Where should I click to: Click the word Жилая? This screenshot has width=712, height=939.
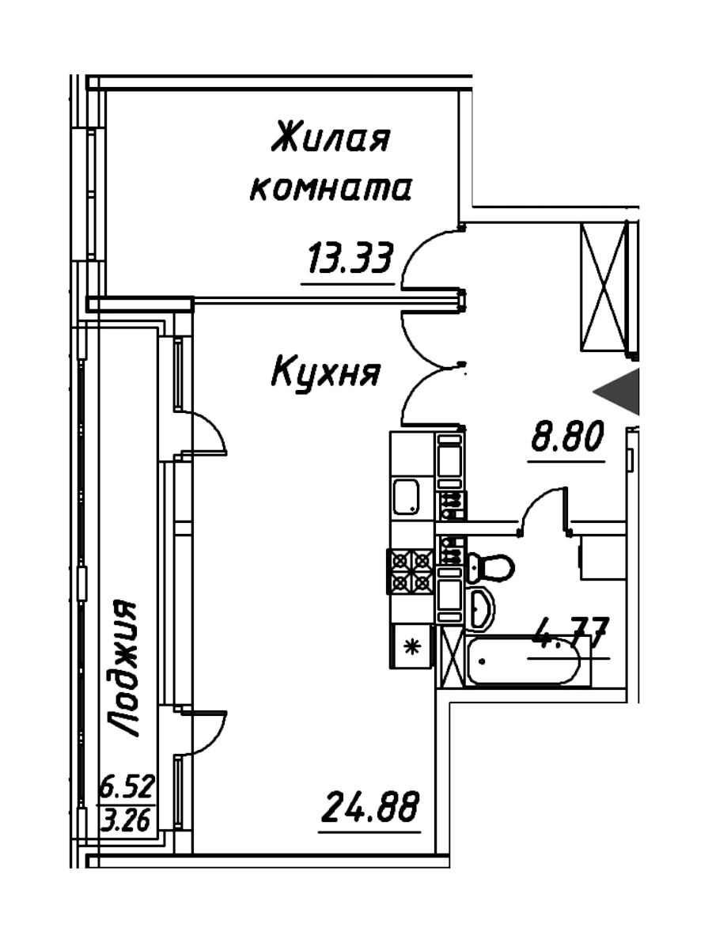330,140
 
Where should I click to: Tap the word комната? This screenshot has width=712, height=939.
330,190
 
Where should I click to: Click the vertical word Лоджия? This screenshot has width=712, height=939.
123,668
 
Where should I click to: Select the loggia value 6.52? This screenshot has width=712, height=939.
127,788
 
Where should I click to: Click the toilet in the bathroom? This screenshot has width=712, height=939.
492,566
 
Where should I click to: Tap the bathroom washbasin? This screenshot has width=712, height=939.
481,608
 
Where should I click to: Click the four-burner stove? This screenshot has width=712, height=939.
411,570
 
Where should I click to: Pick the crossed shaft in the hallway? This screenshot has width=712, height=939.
605,286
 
